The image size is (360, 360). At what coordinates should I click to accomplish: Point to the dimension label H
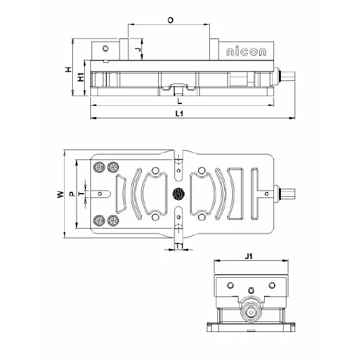(69, 69)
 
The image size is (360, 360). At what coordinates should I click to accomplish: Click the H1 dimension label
(81, 78)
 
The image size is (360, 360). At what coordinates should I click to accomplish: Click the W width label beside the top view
(60, 194)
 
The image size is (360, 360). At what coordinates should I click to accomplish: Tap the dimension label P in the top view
(72, 194)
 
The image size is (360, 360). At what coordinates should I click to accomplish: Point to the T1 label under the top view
(179, 247)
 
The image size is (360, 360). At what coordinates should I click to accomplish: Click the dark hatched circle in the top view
(179, 194)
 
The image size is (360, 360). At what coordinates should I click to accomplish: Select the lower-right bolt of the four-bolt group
(113, 220)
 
